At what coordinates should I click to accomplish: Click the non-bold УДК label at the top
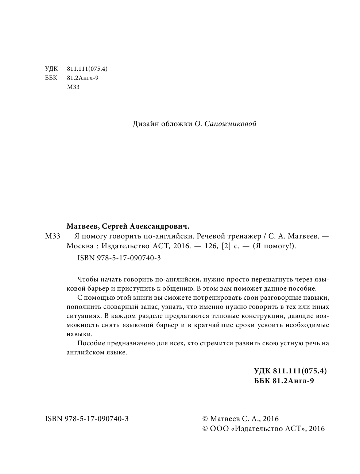coord(51,69)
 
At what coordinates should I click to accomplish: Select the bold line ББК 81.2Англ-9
coord(284,381)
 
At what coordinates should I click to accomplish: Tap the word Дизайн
coord(146,124)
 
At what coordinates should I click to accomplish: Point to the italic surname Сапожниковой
coord(231,124)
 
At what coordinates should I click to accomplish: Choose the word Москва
coord(78,246)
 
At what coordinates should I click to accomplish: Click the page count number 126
coord(208,246)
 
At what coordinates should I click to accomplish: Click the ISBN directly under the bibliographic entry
coord(119,258)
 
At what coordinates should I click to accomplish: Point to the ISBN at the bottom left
coord(86,419)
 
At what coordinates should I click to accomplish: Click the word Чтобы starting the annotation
coord(88,280)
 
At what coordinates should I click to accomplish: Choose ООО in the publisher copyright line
coord(219,429)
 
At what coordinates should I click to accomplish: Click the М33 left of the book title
coord(53,236)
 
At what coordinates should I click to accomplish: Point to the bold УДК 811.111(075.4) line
coord(290,371)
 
